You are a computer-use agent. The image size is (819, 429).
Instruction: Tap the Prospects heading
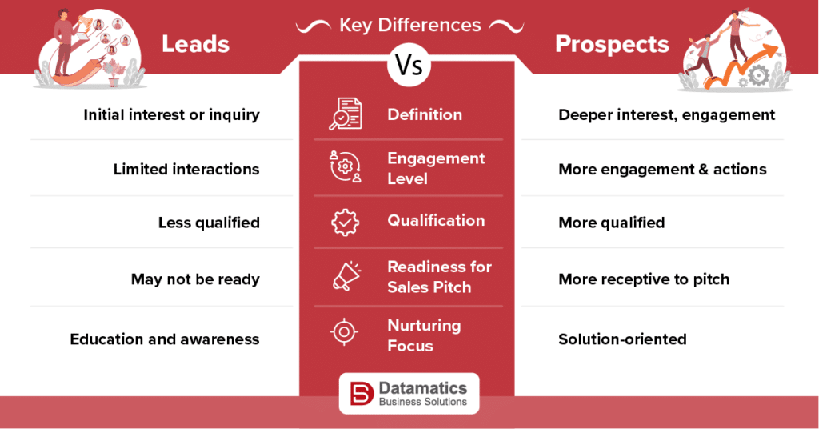[x=612, y=44]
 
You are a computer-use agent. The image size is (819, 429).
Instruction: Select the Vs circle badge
[x=408, y=66]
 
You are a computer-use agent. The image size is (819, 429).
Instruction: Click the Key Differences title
[x=409, y=25]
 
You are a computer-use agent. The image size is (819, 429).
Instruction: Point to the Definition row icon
[x=346, y=114]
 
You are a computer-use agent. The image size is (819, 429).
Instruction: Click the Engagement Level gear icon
[x=346, y=166]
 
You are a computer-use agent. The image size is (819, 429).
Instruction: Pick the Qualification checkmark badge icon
[x=346, y=222]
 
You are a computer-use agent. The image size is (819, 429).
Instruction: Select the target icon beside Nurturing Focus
[x=345, y=332]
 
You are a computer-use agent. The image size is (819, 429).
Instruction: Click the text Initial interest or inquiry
[x=171, y=115]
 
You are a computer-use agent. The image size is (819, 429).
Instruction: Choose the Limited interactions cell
[x=186, y=170]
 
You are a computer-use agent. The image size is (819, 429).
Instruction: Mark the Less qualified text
[x=209, y=223]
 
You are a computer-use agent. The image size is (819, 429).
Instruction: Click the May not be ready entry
[x=195, y=279]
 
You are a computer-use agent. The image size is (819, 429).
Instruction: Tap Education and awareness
[x=165, y=339]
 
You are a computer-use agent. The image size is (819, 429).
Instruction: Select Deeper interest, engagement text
[x=666, y=115]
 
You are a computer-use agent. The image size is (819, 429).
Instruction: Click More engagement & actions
[x=662, y=170]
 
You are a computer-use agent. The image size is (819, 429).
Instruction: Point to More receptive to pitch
[x=644, y=279]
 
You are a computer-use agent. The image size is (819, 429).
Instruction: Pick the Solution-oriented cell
[x=622, y=339]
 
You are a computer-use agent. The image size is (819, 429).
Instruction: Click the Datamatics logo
[x=409, y=394]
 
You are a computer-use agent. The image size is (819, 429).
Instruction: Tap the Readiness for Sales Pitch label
[x=439, y=277]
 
